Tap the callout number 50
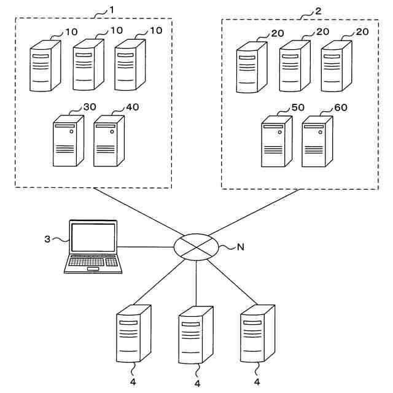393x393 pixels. coord(298,107)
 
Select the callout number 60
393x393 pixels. coord(340,107)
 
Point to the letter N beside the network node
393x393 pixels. coord(239,247)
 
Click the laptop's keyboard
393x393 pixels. coord(93,263)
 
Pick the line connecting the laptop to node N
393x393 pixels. coord(147,247)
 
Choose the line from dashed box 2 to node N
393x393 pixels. coord(258,212)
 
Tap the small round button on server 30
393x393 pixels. coord(72,132)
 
